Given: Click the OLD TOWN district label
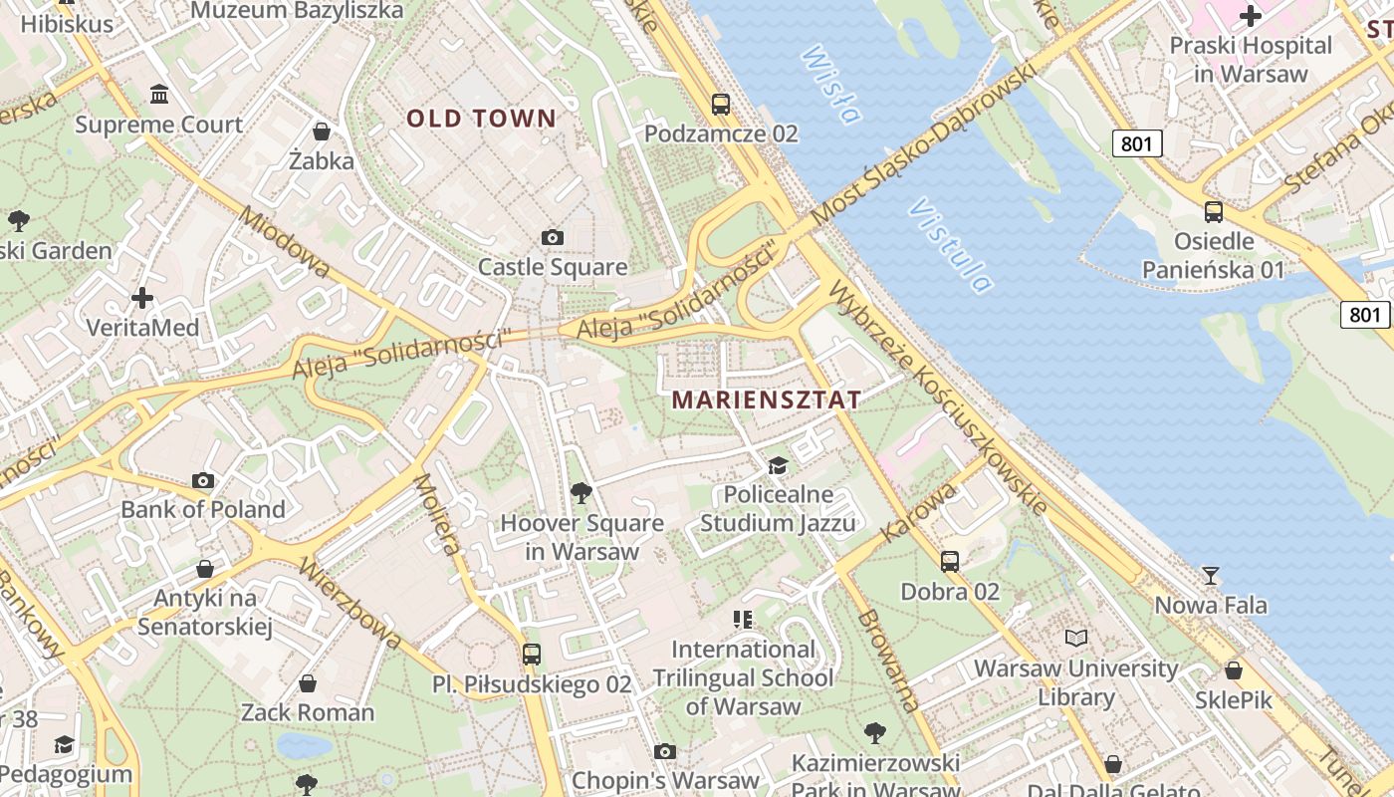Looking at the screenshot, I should click(x=481, y=119).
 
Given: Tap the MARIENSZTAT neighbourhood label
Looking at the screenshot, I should click(x=767, y=399).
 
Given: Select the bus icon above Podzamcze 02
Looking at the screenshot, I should click(x=720, y=104).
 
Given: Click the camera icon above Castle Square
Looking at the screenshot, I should click(x=553, y=237).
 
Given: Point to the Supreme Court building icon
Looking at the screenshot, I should click(x=158, y=95).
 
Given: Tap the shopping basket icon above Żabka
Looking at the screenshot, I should click(x=322, y=131).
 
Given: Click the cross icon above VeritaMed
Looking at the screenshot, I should click(x=142, y=297).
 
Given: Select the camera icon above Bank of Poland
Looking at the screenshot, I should click(x=203, y=480).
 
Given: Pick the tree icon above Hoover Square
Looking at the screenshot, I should click(x=581, y=492).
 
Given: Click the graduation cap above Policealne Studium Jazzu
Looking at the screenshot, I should click(x=778, y=465).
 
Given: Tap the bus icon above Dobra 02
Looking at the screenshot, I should click(x=950, y=561).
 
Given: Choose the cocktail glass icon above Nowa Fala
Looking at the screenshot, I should click(x=1211, y=575).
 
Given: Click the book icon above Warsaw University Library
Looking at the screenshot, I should click(x=1076, y=638).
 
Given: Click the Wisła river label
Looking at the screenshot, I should click(x=829, y=84).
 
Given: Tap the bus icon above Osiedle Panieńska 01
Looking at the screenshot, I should click(x=1214, y=211).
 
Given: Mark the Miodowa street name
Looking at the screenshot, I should click(x=285, y=242).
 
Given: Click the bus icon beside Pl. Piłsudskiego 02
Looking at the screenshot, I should click(x=532, y=655).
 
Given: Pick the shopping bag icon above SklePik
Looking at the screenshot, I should click(x=1234, y=670).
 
